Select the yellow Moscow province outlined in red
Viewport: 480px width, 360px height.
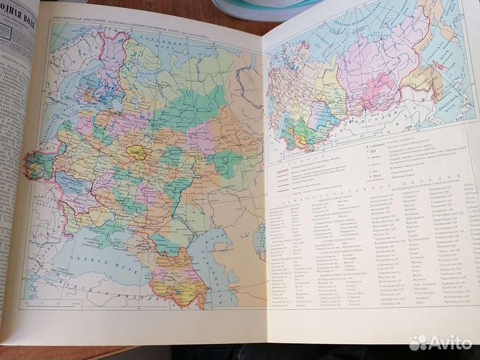click(x=141, y=155)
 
